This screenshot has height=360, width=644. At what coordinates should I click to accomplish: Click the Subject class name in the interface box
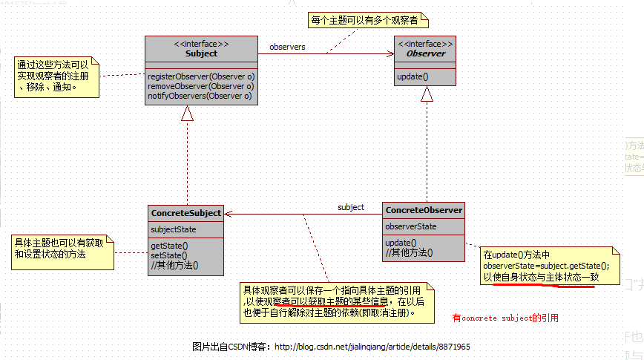pyautogui.click(x=200, y=53)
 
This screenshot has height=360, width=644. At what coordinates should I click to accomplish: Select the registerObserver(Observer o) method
pyautogui.click(x=200, y=76)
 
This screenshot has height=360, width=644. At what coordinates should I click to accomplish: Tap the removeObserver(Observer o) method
pyautogui.click(x=200, y=86)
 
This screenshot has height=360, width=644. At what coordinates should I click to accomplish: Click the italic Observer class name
pyautogui.click(x=426, y=53)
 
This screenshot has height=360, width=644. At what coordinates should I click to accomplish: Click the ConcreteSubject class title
pyautogui.click(x=186, y=213)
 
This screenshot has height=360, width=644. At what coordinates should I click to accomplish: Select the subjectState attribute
pyautogui.click(x=174, y=229)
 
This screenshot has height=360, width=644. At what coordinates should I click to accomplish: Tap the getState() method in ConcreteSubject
pyautogui.click(x=169, y=246)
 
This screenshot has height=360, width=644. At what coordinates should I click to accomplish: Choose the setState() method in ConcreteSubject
pyautogui.click(x=168, y=255)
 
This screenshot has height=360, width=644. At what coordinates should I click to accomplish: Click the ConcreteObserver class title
pyautogui.click(x=424, y=211)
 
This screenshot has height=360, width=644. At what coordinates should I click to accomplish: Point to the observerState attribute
pyautogui.click(x=411, y=226)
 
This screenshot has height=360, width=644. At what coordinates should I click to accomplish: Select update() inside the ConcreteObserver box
pyautogui.click(x=401, y=243)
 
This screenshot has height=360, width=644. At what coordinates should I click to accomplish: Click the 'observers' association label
pyautogui.click(x=287, y=47)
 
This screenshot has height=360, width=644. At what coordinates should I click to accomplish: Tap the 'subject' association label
pyautogui.click(x=351, y=207)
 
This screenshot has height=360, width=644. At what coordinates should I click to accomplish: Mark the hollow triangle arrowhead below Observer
pyautogui.click(x=427, y=94)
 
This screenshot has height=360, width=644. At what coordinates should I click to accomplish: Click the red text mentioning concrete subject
pyautogui.click(x=505, y=318)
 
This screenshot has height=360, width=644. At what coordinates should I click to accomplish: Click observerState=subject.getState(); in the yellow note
pyautogui.click(x=545, y=266)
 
